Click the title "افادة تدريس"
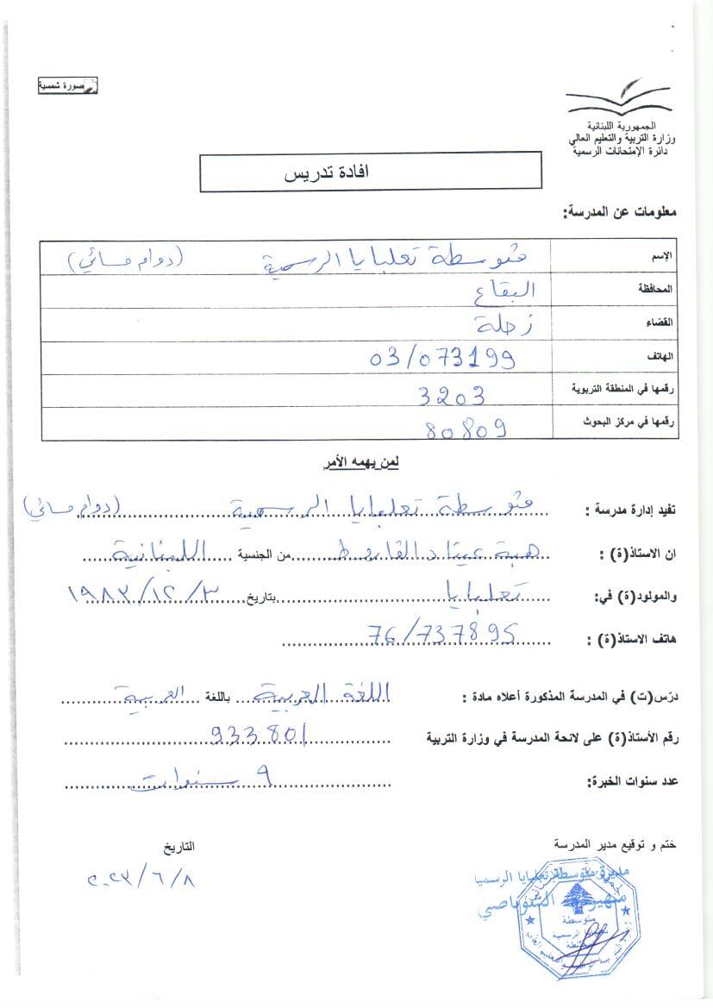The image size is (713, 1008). tap(327, 172)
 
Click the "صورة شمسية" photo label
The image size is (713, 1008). tap(67, 85)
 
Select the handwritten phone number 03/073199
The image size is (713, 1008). tap(442, 357)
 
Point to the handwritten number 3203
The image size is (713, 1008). tap(451, 395)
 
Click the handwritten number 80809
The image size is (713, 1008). tap(466, 428)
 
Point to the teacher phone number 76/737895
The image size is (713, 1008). tap(441, 633)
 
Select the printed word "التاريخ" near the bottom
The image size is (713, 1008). tap(178, 848)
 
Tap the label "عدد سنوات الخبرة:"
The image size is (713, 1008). tap(632, 781)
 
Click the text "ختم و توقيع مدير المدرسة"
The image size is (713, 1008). tap(615, 845)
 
